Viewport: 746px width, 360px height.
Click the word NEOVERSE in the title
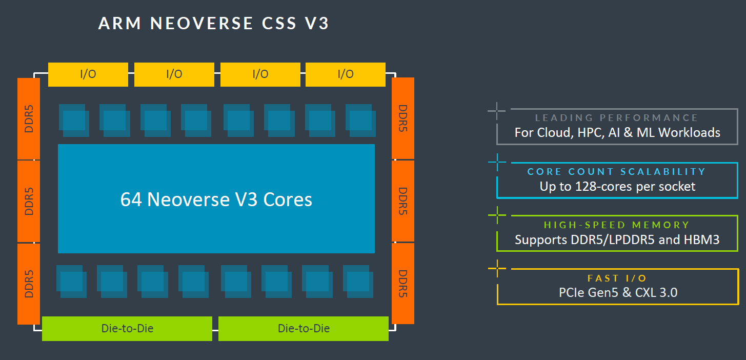click(202, 24)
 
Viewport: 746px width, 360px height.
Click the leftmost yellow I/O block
click(88, 74)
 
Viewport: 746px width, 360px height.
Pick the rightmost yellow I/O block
click(346, 74)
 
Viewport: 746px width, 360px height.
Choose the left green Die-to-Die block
click(127, 328)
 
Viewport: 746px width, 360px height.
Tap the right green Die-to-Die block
click(304, 328)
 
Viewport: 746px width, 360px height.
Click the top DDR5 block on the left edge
click(29, 118)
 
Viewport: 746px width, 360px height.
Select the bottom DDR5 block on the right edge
click(403, 284)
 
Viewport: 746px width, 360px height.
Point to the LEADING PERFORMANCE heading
click(617, 118)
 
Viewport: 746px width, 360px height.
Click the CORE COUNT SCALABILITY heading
click(617, 171)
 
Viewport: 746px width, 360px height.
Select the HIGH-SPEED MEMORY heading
click(617, 225)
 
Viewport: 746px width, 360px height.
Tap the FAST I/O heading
click(617, 278)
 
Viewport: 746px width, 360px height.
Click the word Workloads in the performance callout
click(689, 132)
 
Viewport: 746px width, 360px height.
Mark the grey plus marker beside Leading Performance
click(497, 110)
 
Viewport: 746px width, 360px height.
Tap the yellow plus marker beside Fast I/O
click(497, 268)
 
